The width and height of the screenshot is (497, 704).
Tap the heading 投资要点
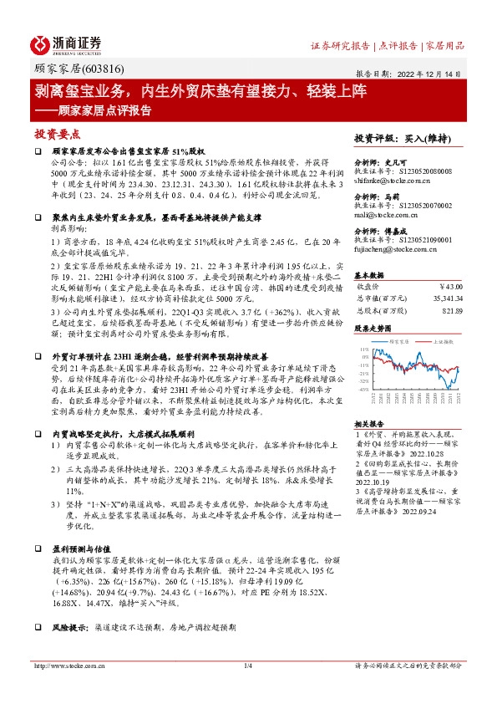tap(58, 133)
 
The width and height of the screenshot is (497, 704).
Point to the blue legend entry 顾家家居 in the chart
tap(400, 340)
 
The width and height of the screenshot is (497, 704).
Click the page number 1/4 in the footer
tap(247, 666)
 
